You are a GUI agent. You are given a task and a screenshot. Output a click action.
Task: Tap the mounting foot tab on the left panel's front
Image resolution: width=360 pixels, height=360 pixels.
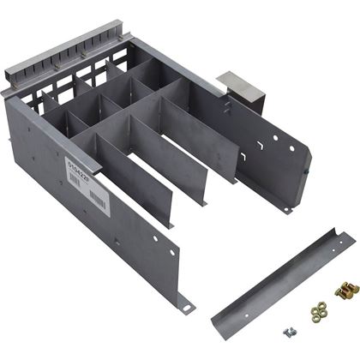(x=183, y=301)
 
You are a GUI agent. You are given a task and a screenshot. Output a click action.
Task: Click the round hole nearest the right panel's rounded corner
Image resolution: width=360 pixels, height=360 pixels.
(x=275, y=135)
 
